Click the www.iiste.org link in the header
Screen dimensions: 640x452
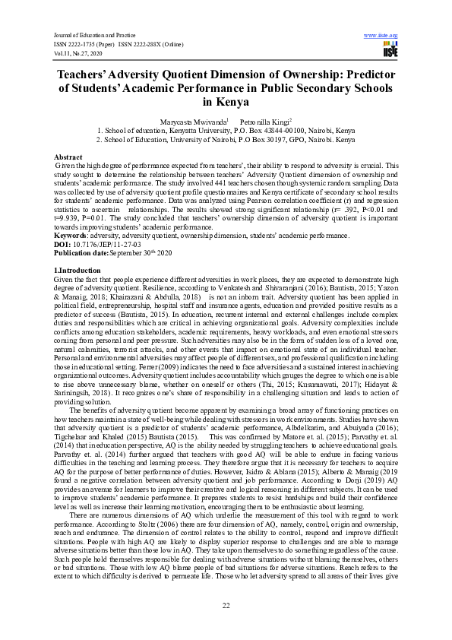pos(382,35)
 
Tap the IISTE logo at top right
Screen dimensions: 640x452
pos(390,50)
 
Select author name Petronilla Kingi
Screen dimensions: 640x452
pos(261,120)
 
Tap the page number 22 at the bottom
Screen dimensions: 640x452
pos(226,605)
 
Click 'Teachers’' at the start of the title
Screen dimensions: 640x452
pos(86,74)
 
